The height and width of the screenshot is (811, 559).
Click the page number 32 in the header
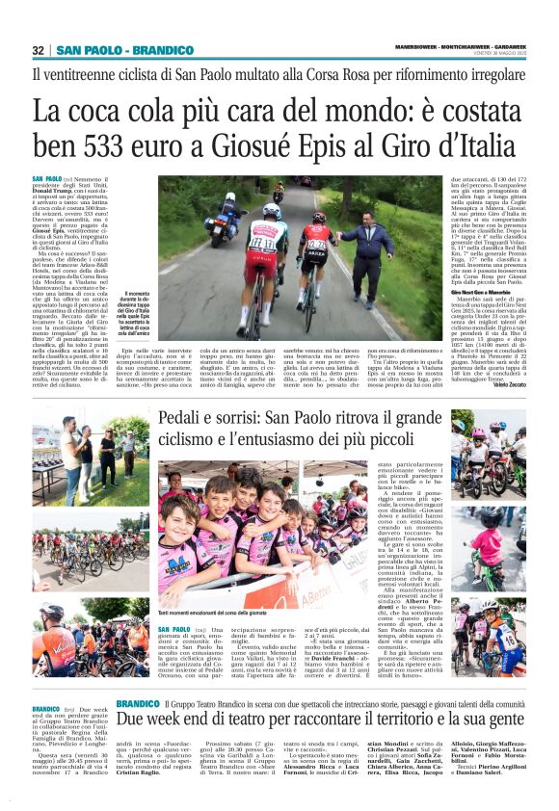click(x=40, y=50)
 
